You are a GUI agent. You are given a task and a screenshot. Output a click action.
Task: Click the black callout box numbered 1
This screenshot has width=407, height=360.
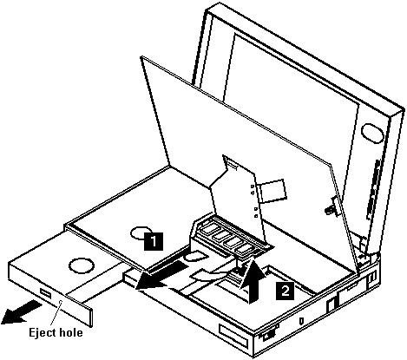pos(154,240)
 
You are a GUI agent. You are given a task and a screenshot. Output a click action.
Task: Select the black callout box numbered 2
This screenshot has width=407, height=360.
pos(285,291)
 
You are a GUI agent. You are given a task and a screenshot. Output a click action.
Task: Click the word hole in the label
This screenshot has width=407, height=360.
pos(72,332)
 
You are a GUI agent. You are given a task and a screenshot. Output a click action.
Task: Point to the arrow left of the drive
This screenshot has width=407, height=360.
pos(20,312)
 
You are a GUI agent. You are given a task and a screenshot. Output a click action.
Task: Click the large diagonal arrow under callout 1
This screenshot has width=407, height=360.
pos(162,275)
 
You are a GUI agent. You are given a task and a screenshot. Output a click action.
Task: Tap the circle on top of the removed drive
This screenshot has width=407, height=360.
pos(82,266)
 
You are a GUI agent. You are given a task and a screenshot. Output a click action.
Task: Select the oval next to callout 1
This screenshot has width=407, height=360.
pos(141,233)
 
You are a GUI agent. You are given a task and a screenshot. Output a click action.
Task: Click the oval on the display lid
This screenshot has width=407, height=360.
pos(372,133)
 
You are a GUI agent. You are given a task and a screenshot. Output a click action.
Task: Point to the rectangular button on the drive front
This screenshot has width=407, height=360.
pos(46,293)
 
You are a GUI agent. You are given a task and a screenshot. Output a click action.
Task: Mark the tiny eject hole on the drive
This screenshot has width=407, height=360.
pos(61,302)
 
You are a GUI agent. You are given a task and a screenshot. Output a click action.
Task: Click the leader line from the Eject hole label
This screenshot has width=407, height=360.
pos(56,314)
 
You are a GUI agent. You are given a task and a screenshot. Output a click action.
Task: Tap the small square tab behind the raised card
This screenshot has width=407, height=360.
pos(272,191)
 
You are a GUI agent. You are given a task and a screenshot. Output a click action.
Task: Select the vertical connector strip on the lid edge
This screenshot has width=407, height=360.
pos(373,189)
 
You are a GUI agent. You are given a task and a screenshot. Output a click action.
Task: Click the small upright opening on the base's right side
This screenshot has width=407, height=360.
pos(332,305)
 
